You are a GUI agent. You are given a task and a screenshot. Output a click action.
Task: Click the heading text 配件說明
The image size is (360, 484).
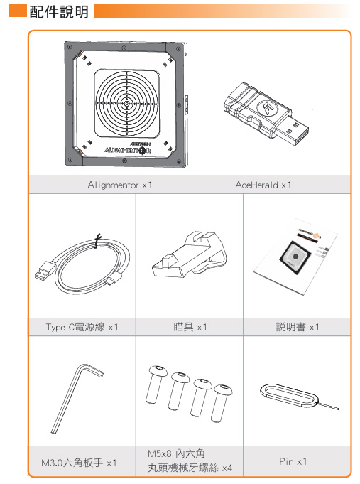(59, 12)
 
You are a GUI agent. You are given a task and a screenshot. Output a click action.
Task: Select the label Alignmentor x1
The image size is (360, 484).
(120, 185)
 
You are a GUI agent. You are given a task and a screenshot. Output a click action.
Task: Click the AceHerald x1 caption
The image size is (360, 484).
(263, 185)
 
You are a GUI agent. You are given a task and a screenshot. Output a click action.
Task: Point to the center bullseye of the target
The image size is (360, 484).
(126, 104)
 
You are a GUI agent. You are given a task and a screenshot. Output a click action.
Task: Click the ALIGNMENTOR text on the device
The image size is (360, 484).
(127, 151)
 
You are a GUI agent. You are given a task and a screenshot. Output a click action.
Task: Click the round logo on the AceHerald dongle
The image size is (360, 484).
(268, 108)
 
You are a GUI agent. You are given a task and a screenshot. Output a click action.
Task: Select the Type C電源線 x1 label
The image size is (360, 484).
(82, 327)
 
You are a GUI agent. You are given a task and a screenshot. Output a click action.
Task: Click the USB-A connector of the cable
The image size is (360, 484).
(45, 271)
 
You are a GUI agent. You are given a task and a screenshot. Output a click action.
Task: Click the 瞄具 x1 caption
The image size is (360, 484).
(190, 327)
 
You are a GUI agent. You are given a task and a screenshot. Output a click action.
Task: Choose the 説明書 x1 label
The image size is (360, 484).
(298, 327)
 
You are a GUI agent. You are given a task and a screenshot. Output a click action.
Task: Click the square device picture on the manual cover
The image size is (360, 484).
(295, 257)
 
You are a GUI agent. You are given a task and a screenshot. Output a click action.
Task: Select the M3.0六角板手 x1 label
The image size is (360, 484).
(79, 463)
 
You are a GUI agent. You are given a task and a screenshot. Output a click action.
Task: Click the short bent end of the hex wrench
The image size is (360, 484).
(92, 369)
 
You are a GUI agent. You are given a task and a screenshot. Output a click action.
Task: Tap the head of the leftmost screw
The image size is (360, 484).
(158, 370)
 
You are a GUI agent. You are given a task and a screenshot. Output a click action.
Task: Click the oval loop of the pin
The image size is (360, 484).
(288, 394)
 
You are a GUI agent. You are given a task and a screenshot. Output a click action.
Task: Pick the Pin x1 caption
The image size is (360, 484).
(293, 461)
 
